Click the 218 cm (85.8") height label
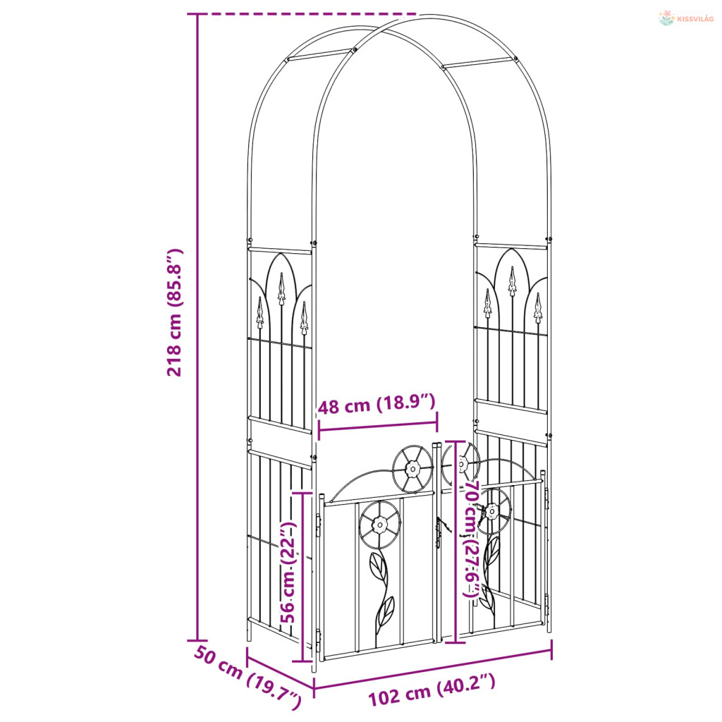[175, 312]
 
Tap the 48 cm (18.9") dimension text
[377, 405]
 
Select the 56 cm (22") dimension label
[288, 571]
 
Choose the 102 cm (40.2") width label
[432, 690]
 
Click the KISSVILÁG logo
[685, 18]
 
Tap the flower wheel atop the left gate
[412, 469]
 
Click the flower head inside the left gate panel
[380, 524]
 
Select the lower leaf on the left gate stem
[386, 611]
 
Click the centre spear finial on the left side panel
[281, 288]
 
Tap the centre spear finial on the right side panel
[512, 281]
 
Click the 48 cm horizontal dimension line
[378, 426]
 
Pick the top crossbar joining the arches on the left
[321, 54]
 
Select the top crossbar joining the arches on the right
[479, 63]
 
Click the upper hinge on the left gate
[319, 525]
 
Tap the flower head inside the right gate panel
[491, 511]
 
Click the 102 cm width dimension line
[433, 668]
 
